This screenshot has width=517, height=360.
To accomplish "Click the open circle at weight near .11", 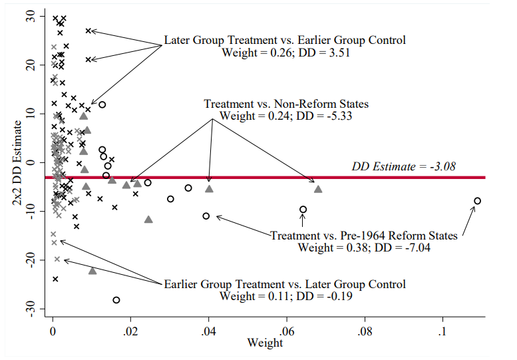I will pyautogui.click(x=478, y=200).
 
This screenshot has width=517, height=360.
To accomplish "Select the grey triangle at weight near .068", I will pyautogui.click(x=318, y=190).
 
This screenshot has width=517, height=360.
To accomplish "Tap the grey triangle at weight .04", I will pyautogui.click(x=209, y=189).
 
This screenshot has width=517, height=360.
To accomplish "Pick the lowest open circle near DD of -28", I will pyautogui.click(x=116, y=300).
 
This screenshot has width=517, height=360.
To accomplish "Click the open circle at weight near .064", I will pyautogui.click(x=303, y=209).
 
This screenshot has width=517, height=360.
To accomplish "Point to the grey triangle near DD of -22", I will pyautogui.click(x=92, y=271).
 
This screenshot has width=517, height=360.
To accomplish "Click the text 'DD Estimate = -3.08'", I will pyautogui.click(x=403, y=166).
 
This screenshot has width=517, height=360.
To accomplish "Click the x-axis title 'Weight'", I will pyautogui.click(x=264, y=343).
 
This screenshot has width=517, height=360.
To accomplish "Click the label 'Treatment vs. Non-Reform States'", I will pyautogui.click(x=286, y=104).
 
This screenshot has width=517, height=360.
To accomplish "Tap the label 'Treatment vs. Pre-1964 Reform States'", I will pyautogui.click(x=364, y=236).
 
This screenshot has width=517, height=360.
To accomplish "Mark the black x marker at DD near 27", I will pyautogui.click(x=88, y=31).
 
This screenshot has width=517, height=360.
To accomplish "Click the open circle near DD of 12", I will pyautogui.click(x=102, y=104).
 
